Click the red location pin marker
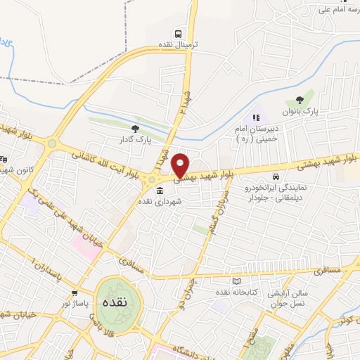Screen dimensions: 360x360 [x=181, y=165]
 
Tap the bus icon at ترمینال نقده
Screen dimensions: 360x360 [x=179, y=33]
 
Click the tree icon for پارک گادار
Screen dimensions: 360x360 [x=136, y=129]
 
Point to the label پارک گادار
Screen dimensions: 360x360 [x=135, y=140]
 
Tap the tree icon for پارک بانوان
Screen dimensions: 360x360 [x=301, y=100]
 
